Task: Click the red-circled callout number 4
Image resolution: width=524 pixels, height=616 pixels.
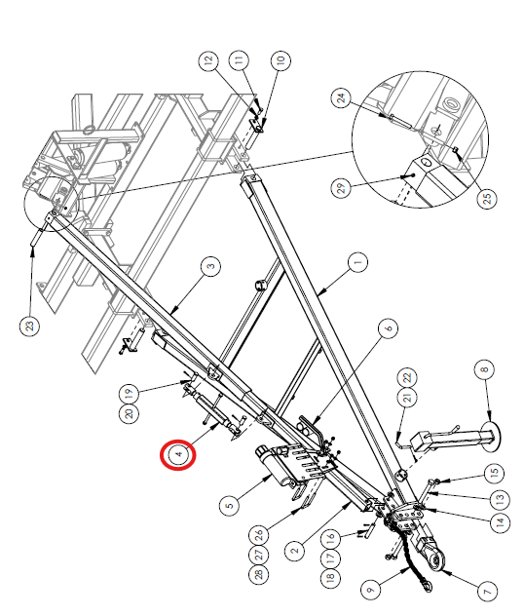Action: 178,454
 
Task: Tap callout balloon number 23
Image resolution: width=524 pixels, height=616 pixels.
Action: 30,326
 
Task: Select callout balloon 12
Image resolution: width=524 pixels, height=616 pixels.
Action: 208,60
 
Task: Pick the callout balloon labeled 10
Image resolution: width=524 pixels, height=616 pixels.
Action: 281,60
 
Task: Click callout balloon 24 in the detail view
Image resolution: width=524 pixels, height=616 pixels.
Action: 342,97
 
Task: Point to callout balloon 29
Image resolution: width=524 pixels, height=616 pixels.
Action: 342,188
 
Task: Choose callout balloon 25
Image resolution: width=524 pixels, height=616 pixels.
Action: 487,198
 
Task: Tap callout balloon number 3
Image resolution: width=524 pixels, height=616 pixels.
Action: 210,266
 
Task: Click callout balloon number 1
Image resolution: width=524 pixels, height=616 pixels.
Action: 357,262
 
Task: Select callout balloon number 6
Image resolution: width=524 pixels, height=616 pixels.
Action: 389,328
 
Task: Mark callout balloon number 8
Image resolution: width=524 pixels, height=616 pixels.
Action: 484,369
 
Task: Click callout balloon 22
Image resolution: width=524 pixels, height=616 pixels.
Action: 407,377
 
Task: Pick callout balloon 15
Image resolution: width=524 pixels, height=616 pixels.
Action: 494,473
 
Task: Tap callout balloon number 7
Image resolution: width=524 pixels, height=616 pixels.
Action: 487,591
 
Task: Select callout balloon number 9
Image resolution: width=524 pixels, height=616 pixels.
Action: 371,590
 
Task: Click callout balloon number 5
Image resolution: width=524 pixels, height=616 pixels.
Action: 230,504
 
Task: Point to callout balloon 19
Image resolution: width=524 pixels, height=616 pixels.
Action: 130,393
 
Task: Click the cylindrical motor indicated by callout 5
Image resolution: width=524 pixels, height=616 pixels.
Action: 272,465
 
